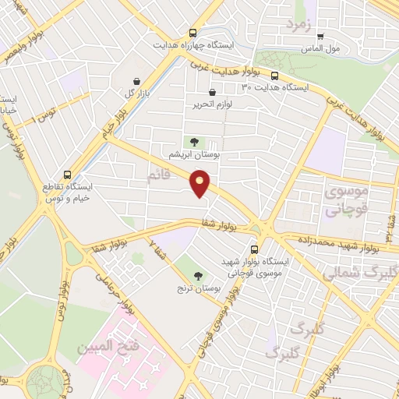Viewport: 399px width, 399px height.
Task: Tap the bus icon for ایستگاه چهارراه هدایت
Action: click(192, 33)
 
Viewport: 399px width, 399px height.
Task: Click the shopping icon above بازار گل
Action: click(137, 81)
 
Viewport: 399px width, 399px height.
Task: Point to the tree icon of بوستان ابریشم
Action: click(194, 141)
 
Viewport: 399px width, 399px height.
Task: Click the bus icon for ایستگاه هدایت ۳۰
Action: click(275, 76)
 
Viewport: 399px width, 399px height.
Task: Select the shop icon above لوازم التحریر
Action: click(212, 92)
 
